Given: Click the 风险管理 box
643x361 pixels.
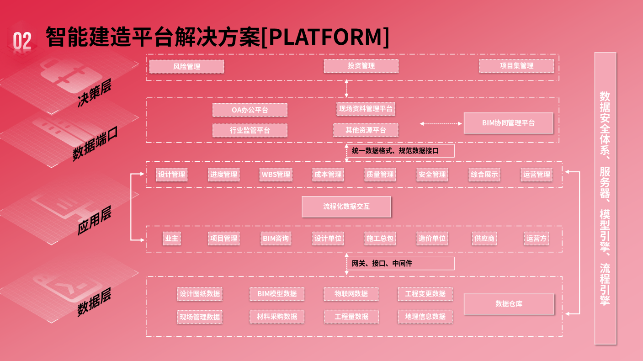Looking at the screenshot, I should [186, 66].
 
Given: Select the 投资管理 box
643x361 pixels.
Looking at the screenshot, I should [361, 66].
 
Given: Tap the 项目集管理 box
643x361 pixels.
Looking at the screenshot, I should [516, 66].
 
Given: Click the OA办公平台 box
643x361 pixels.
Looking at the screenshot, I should [250, 110].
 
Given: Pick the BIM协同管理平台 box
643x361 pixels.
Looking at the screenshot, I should [508, 123].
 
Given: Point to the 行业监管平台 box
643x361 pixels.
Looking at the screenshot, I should [250, 130].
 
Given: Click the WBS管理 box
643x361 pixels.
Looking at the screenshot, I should [276, 175].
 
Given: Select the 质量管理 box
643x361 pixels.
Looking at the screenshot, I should [380, 175].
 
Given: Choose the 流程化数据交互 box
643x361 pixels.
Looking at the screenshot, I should [346, 207].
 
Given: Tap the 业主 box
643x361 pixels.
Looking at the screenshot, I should [171, 238].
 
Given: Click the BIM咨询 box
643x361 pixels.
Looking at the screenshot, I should [276, 238].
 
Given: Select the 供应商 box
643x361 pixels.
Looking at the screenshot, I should [484, 238].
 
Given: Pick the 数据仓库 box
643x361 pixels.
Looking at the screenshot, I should [509, 304].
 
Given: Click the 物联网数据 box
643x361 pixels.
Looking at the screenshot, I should [351, 294].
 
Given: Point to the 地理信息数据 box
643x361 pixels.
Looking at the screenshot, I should [425, 317].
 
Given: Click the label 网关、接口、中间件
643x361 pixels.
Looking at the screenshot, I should [382, 264].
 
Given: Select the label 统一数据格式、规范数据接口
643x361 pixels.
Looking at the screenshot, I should [395, 151].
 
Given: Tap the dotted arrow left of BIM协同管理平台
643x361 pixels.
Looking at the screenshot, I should [441, 123].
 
